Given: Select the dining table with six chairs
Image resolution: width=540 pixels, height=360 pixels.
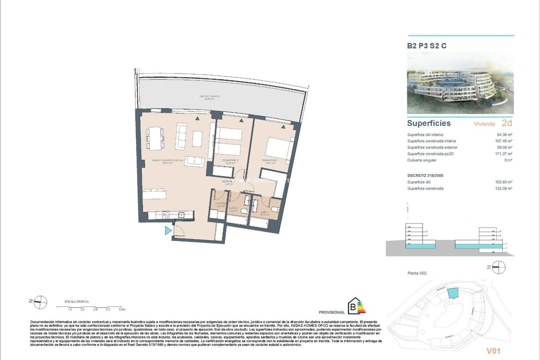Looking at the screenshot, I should pyautogui.click(x=155, y=137).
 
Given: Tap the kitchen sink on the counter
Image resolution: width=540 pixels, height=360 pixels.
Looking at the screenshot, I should pyautogui.click(x=181, y=215).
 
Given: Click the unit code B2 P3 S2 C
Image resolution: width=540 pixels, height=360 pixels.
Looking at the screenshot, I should pyautogui.click(x=426, y=45).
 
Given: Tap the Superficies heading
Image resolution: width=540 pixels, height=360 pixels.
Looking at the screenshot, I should pyautogui.click(x=428, y=123).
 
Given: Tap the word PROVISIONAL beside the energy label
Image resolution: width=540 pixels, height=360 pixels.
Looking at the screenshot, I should pyautogui.click(x=331, y=312).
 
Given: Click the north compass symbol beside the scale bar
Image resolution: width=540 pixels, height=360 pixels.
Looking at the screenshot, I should pyautogui.click(x=39, y=300).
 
